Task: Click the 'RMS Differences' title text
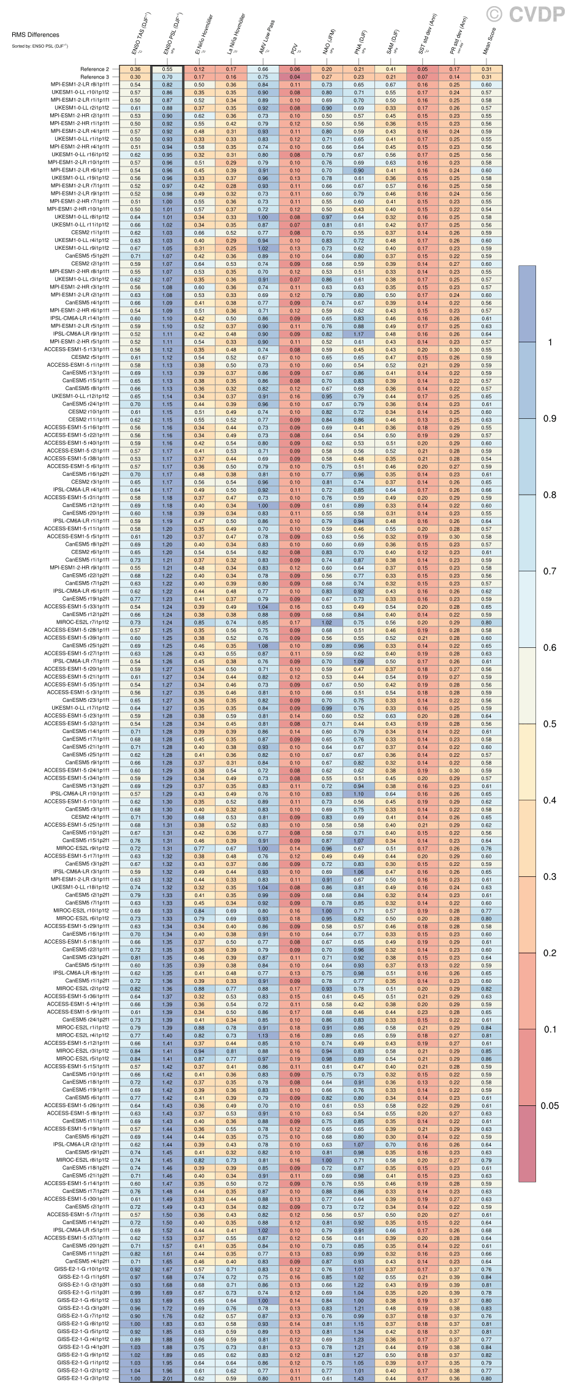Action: (36, 35)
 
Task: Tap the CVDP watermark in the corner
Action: (526, 13)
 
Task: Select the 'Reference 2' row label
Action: (94, 69)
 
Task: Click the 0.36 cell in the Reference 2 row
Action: (135, 69)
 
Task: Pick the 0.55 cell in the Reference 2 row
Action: (167, 69)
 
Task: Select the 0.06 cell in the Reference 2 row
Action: (295, 69)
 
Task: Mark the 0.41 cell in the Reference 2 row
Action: (390, 69)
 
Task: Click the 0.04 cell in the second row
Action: (295, 77)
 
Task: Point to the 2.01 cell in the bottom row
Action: (167, 1378)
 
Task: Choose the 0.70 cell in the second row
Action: (167, 77)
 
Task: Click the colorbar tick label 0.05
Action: (549, 1105)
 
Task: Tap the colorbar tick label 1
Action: (550, 342)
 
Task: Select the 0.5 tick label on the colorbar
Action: (549, 724)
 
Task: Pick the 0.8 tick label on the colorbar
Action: (549, 495)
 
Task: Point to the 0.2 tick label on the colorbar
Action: (549, 953)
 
